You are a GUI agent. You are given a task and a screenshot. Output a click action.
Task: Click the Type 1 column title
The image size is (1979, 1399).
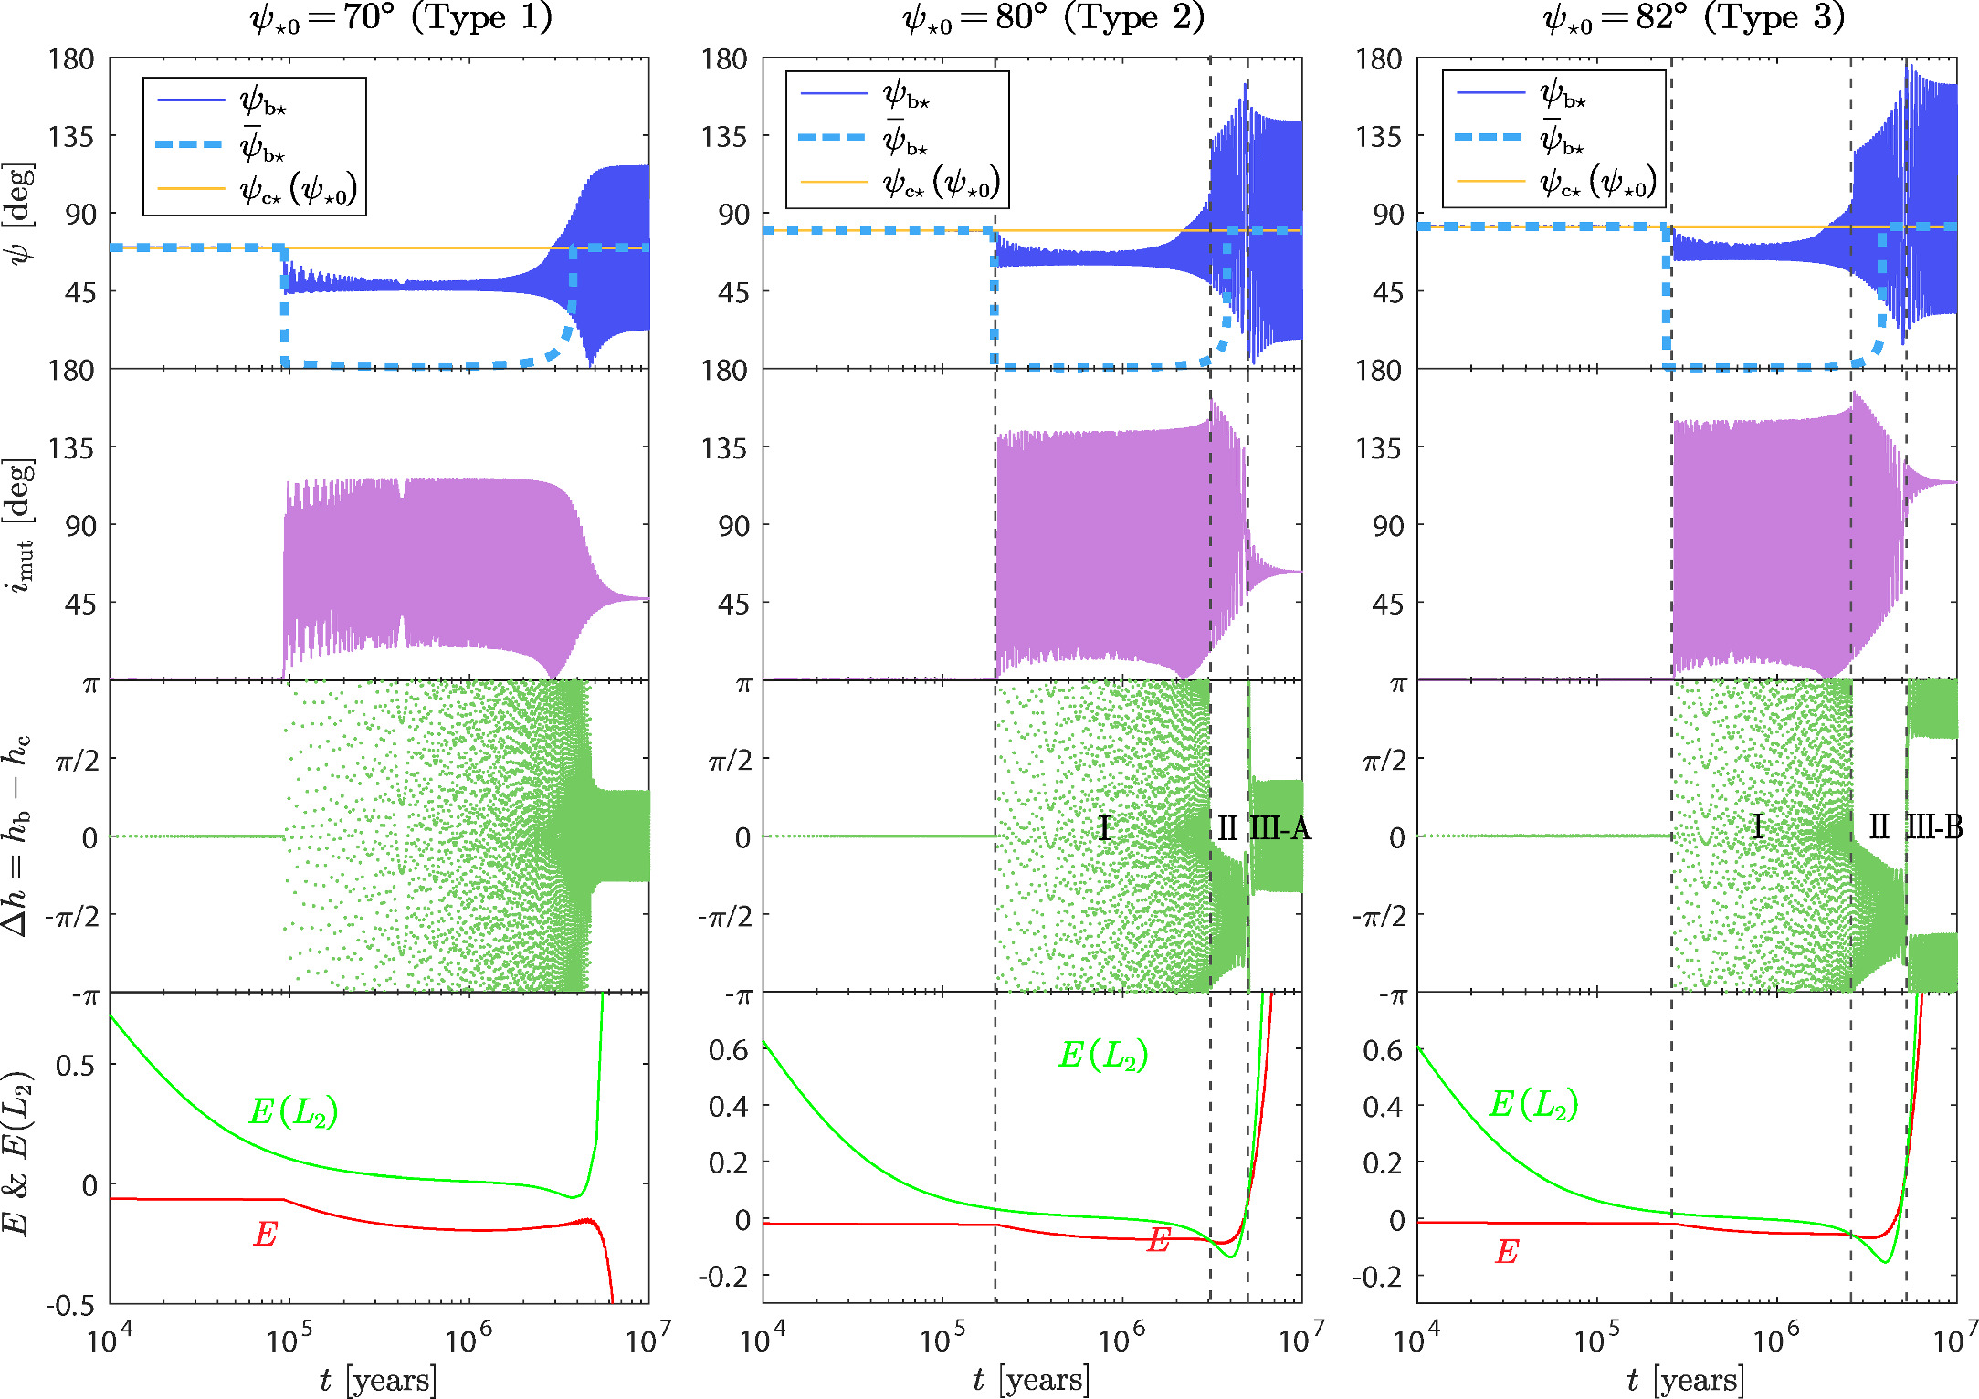(402, 18)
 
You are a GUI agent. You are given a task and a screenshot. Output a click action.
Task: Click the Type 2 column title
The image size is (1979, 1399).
(1054, 18)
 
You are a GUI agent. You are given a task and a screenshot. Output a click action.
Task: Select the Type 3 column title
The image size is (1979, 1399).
(1693, 18)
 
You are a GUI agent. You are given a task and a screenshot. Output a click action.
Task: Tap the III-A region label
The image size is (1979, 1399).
(1279, 829)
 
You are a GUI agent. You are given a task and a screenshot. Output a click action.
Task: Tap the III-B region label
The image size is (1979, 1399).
(1934, 827)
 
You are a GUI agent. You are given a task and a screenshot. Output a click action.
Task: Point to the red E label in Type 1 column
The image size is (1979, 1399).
(265, 1235)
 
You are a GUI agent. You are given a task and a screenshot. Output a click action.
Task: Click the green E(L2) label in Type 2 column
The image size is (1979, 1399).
(1103, 1056)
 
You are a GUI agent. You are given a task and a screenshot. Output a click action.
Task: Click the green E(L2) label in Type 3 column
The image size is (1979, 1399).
(1533, 1105)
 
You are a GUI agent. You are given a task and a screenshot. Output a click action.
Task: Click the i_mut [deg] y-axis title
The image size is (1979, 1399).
(20, 525)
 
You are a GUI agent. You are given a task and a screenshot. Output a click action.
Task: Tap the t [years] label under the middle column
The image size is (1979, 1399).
(1031, 1379)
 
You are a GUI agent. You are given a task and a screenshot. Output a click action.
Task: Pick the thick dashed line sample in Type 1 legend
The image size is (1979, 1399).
(190, 144)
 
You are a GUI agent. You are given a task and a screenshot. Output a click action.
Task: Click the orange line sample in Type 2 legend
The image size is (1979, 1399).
(833, 182)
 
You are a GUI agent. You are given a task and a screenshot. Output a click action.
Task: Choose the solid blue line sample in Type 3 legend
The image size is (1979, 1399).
(1490, 93)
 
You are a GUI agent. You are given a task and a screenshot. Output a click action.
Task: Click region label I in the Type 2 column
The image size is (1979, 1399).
(1104, 828)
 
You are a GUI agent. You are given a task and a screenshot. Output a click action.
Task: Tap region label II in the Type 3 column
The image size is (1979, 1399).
(1879, 827)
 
